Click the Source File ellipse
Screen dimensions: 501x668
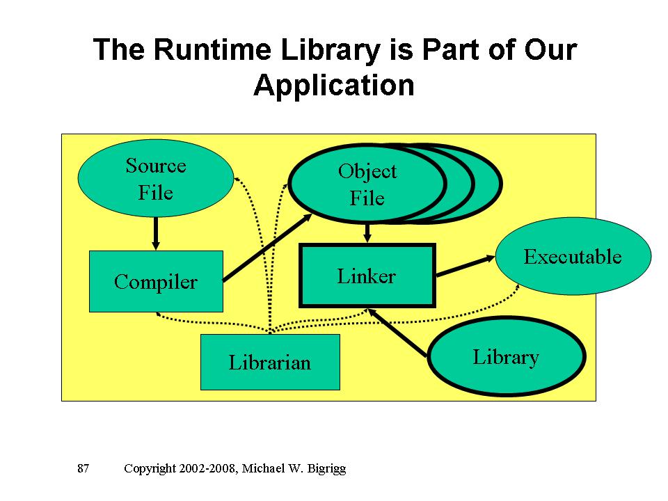point(155,178)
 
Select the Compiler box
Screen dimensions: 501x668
point(156,281)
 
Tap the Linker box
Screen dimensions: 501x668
point(367,276)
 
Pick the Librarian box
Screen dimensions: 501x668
point(270,362)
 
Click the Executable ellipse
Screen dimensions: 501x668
point(573,256)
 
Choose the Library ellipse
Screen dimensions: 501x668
point(506,357)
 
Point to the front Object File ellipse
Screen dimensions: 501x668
point(367,184)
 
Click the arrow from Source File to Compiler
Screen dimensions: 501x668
point(156,233)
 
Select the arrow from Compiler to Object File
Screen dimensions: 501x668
point(267,247)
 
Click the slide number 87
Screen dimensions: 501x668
point(83,468)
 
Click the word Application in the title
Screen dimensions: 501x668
point(334,86)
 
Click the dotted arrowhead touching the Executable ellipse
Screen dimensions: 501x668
point(518,287)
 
